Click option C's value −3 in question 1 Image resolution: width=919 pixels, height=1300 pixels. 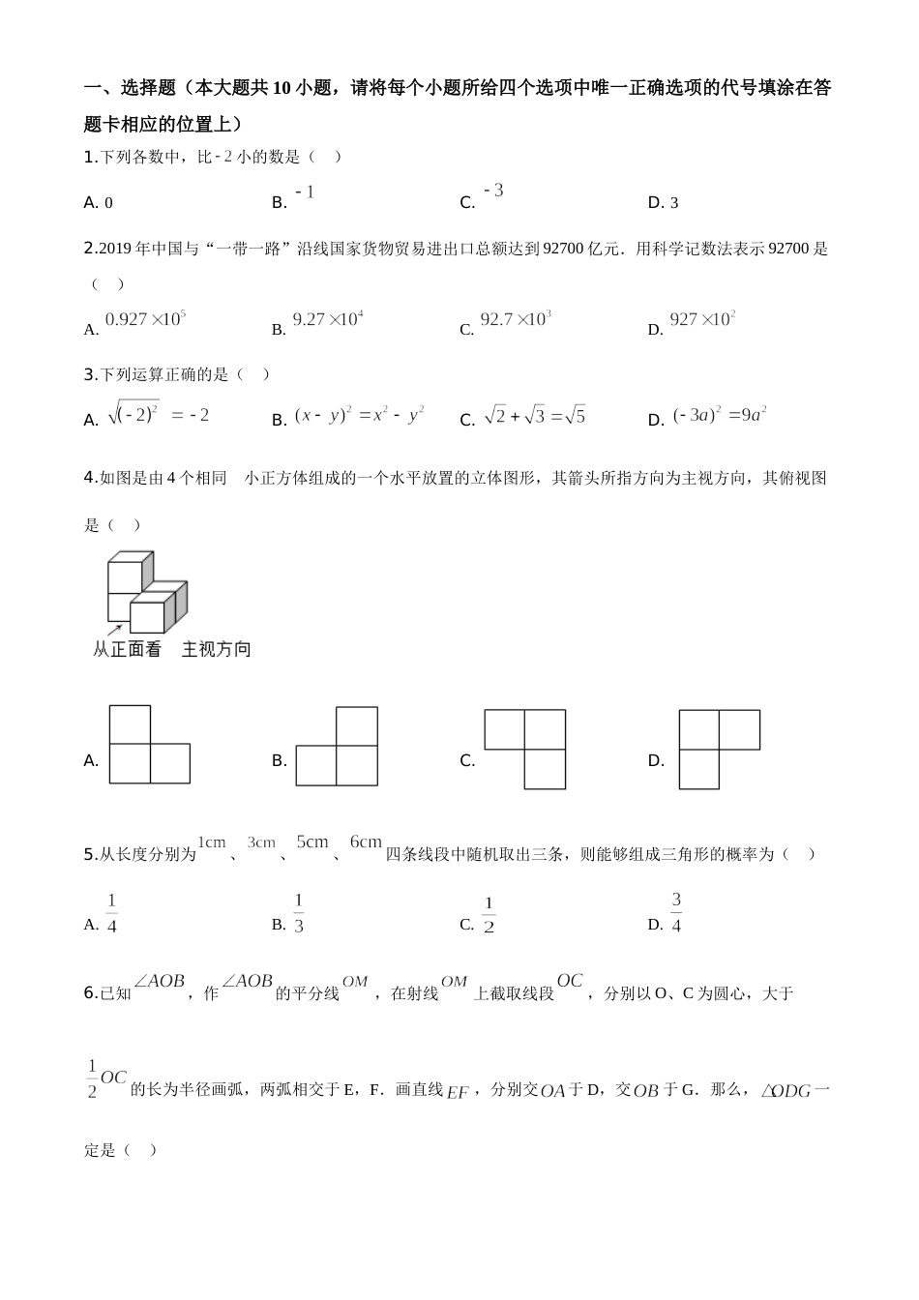pyautogui.click(x=493, y=191)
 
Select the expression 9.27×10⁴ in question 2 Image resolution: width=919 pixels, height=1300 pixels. pyautogui.click(x=327, y=319)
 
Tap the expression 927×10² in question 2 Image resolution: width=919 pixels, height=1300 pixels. pyautogui.click(x=702, y=319)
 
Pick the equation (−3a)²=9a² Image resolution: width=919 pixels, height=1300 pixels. pyautogui.click(x=720, y=415)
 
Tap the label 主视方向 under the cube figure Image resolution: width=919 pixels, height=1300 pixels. pyautogui.click(x=217, y=650)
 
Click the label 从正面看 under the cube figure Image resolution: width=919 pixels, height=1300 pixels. pyautogui.click(x=127, y=650)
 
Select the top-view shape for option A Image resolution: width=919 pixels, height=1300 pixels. pyautogui.click(x=149, y=745)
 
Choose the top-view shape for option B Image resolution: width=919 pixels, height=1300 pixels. pyautogui.click(x=337, y=746)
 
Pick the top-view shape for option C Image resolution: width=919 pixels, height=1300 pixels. pyautogui.click(x=525, y=749)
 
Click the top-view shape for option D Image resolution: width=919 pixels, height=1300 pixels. pyautogui.click(x=719, y=749)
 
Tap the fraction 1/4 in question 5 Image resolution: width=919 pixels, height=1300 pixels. pyautogui.click(x=112, y=914)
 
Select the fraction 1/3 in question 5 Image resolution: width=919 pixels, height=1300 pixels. pyautogui.click(x=299, y=914)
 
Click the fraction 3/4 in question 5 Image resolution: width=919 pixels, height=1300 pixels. pyautogui.click(x=676, y=913)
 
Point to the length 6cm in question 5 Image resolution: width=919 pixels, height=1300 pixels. pyautogui.click(x=366, y=842)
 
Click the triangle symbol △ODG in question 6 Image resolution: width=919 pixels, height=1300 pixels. pyautogui.click(x=786, y=1091)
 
